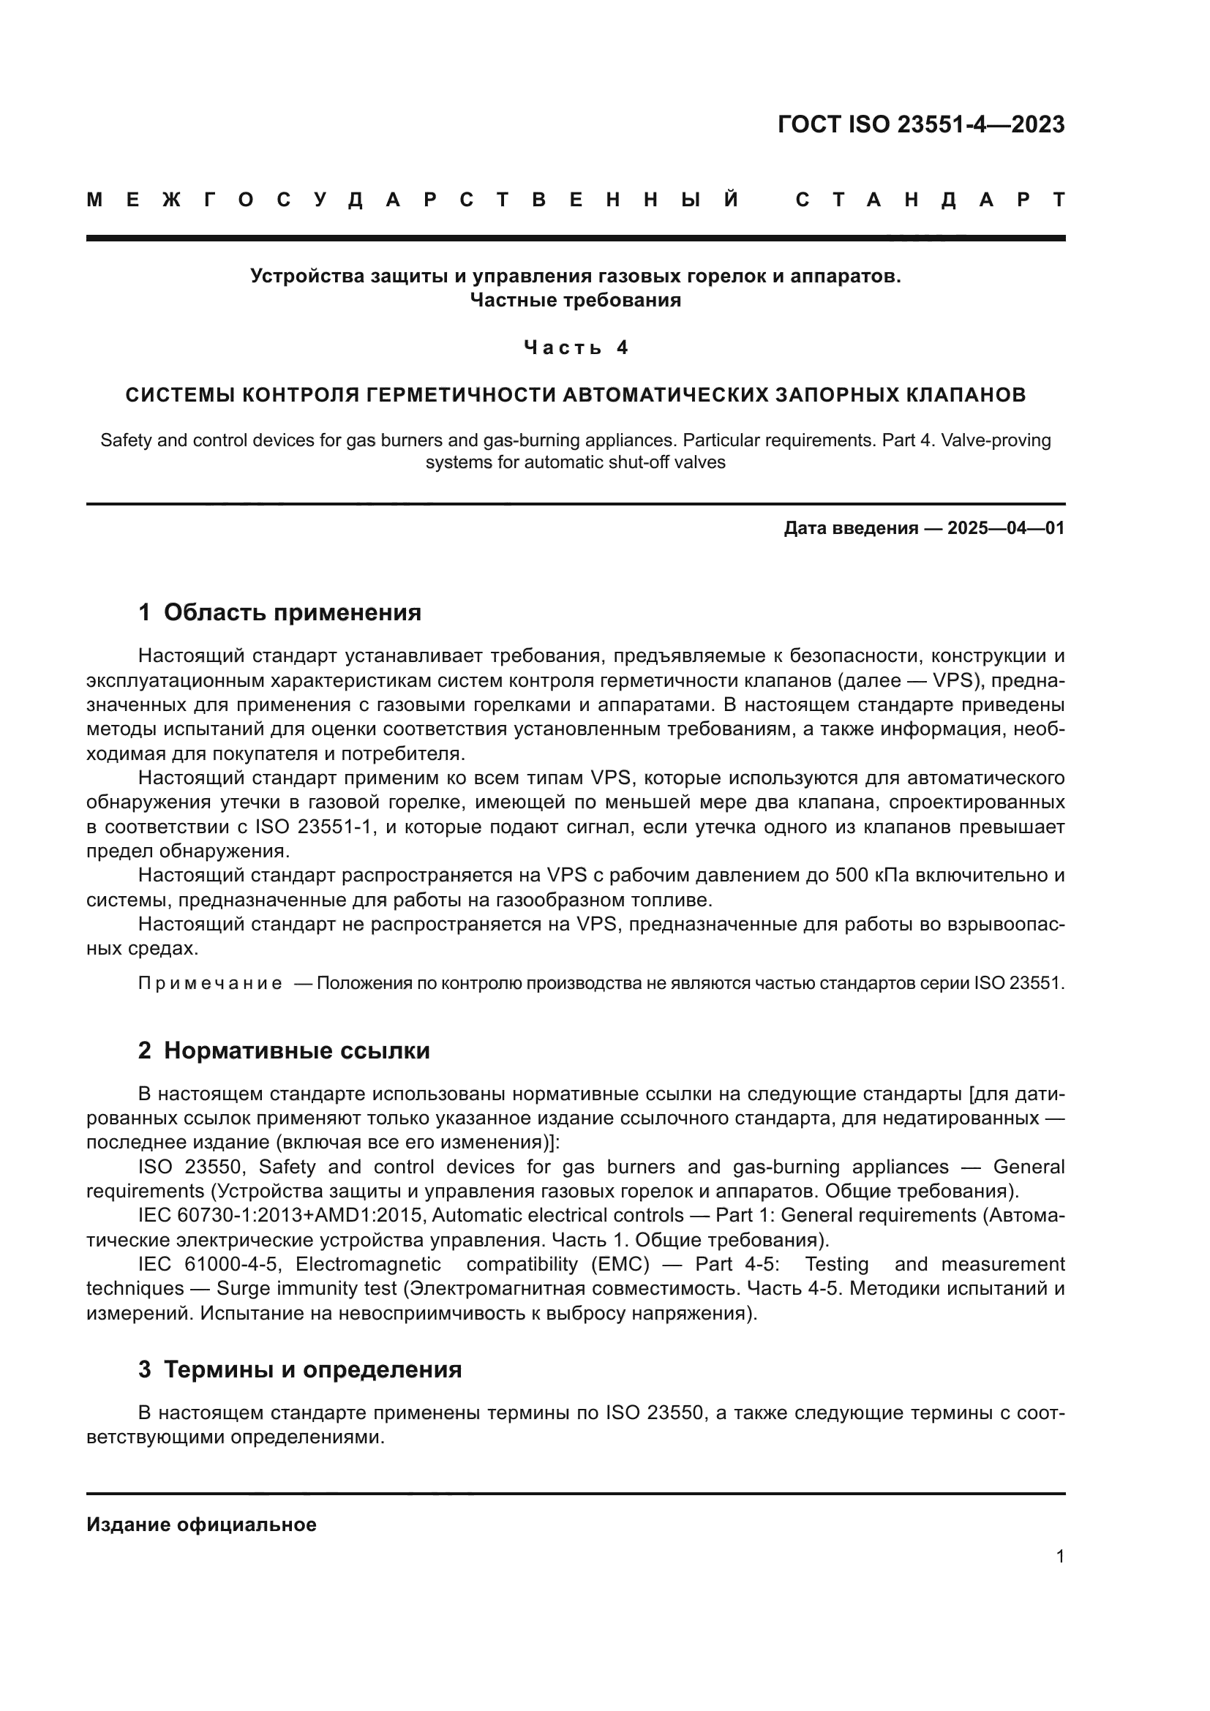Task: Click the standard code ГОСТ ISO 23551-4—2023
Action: coord(921,124)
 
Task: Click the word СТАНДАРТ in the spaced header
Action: coord(931,200)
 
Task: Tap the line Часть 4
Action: coord(576,347)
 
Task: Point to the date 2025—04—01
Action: coord(1006,528)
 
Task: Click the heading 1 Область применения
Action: coord(279,612)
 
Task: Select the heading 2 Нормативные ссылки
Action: coord(284,1050)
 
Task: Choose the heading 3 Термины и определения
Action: coord(299,1369)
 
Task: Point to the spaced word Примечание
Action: coord(210,984)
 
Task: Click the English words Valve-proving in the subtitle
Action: coord(996,440)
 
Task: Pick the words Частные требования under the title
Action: coord(575,301)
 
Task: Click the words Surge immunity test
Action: coord(307,1288)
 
